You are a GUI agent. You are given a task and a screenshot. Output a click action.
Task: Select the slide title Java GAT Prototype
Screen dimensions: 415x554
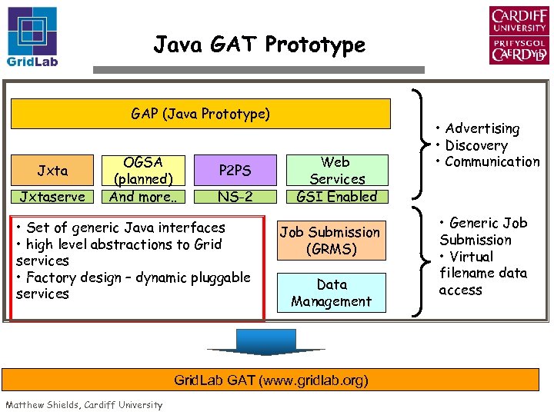click(x=259, y=45)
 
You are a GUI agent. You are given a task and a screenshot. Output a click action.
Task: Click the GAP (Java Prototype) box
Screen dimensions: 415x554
click(x=200, y=114)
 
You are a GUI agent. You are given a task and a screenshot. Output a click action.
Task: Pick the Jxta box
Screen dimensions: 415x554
click(x=53, y=170)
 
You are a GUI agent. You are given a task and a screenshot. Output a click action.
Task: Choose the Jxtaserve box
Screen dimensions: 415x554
click(x=53, y=196)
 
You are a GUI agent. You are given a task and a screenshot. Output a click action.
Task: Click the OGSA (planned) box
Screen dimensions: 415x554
click(x=143, y=171)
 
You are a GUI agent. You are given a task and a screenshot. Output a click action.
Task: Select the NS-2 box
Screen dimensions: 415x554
click(x=235, y=196)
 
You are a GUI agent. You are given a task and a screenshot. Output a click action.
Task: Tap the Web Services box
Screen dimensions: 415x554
click(x=336, y=171)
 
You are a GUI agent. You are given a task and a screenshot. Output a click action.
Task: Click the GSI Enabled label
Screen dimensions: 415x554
click(x=336, y=196)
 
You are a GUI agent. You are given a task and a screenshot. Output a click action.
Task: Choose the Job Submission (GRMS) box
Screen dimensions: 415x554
click(x=329, y=241)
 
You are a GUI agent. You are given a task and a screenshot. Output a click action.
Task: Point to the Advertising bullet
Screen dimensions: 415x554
click(x=481, y=129)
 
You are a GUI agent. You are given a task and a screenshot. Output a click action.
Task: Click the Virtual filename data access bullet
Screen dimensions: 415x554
click(x=482, y=273)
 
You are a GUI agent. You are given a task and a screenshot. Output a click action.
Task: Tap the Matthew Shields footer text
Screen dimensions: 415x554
click(x=84, y=405)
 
